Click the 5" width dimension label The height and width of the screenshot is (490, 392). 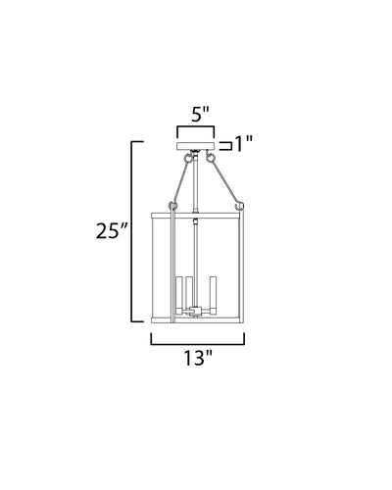[200, 115]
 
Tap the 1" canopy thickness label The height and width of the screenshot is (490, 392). [244, 144]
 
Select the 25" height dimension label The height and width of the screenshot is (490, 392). [111, 231]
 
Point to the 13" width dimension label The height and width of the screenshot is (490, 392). [198, 358]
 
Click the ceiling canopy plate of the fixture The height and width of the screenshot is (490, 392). [195, 146]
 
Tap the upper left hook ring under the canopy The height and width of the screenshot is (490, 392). [188, 158]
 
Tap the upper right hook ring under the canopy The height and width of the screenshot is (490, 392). [210, 158]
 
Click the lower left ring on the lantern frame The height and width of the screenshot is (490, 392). [172, 206]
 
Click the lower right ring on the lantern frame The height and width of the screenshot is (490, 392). [239, 206]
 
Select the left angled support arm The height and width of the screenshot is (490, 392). [180, 182]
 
